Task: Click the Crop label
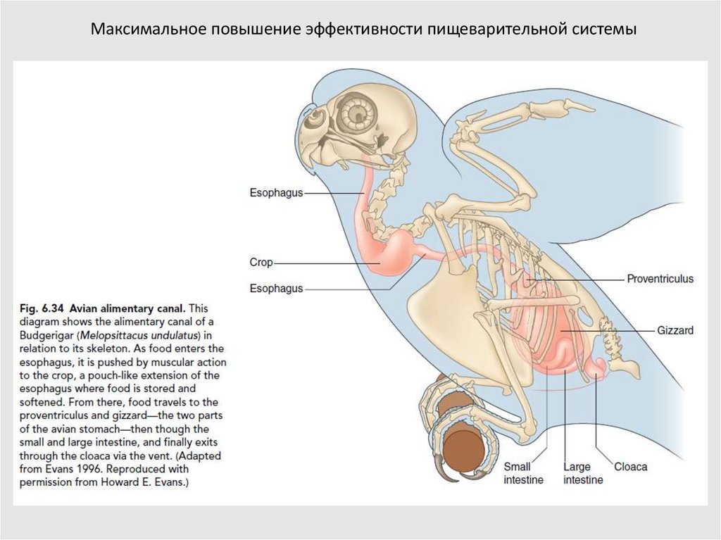[261, 263]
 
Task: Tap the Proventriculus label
[660, 279]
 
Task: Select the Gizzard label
[675, 329]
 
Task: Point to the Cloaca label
[630, 466]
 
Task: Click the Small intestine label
[522, 473]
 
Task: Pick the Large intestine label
[582, 473]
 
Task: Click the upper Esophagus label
[276, 193]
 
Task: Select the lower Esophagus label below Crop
[276, 288]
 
